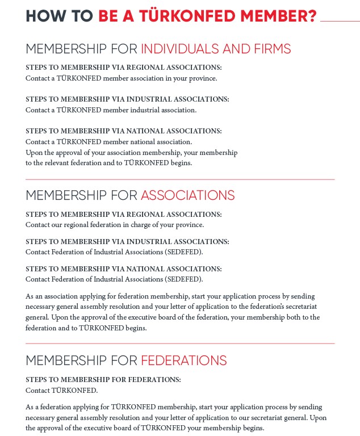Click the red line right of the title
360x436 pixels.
(340, 20)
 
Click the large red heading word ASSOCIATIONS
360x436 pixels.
(187, 195)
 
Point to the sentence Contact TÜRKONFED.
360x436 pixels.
(62, 391)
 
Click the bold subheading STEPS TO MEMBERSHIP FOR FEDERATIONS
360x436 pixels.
(103, 379)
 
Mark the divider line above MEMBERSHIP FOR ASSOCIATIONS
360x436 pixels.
(180, 179)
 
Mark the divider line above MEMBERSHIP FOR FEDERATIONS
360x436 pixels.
(180, 343)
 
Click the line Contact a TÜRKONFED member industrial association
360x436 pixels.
(111, 110)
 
